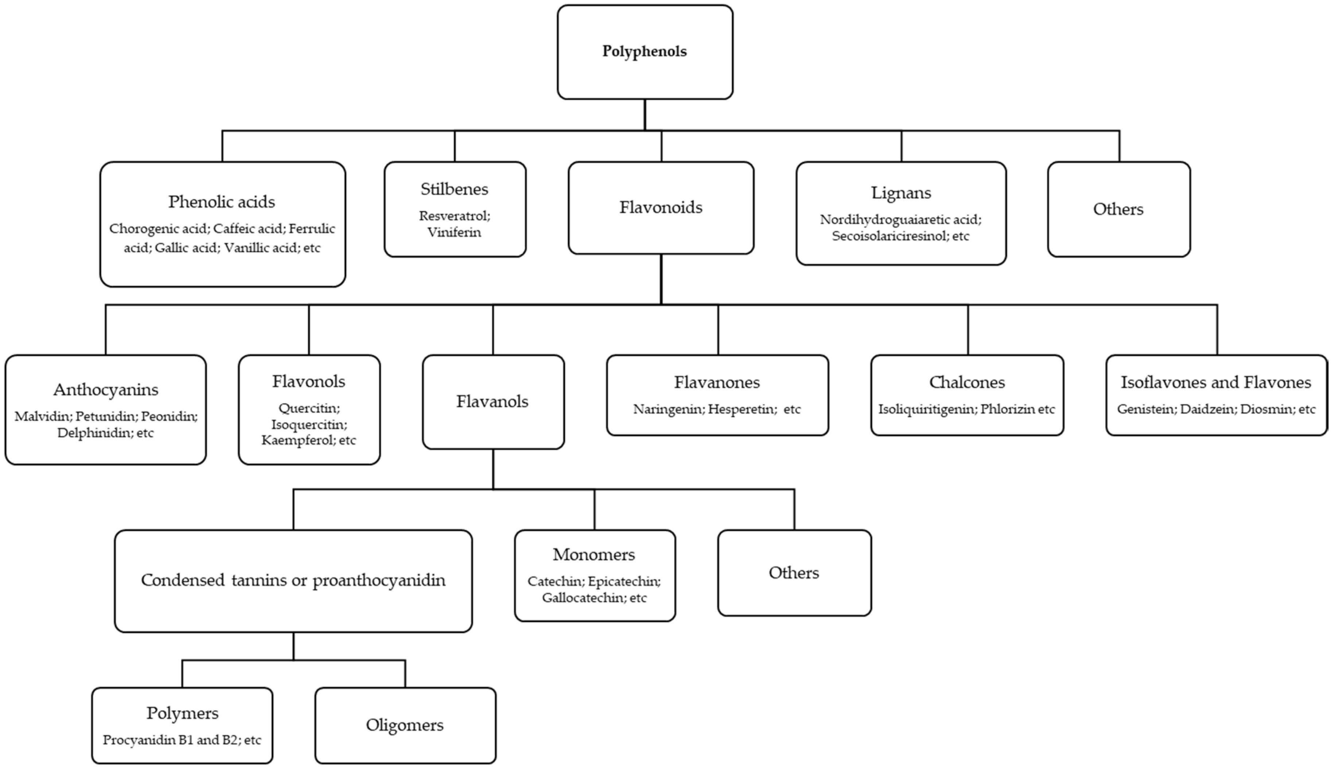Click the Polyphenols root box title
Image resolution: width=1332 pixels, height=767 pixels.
point(644,51)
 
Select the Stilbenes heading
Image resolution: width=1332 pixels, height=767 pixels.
point(454,189)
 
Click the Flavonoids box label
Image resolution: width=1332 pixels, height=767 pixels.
point(661,207)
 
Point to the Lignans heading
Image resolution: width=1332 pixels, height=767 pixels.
point(901,193)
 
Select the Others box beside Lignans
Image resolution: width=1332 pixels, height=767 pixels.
point(1118,209)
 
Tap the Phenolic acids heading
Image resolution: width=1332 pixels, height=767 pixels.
point(221,202)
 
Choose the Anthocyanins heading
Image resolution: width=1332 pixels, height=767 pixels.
point(105,390)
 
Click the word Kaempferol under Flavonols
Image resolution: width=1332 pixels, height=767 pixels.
point(297,440)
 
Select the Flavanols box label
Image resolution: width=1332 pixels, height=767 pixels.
point(492,401)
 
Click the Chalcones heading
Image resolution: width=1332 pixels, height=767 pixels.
point(967,382)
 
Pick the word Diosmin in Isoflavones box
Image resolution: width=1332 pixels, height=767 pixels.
point(1266,409)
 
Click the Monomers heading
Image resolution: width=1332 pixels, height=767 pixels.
point(594,555)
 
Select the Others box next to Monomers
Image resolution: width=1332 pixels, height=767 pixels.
point(793,573)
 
